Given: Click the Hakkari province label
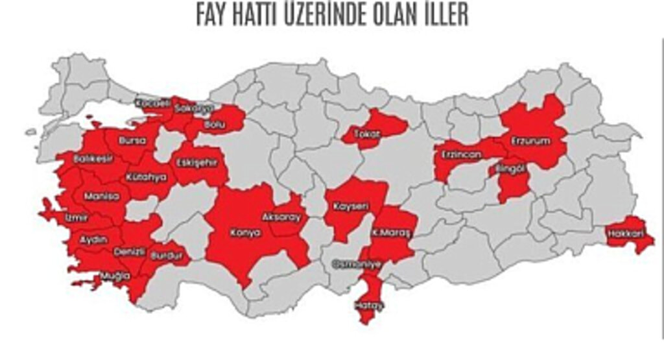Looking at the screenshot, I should [x=626, y=232].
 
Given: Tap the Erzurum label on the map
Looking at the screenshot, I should [x=530, y=141].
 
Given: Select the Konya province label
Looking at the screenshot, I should [x=246, y=232].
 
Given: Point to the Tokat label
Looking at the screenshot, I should [x=366, y=134].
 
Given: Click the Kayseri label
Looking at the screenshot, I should [x=351, y=206].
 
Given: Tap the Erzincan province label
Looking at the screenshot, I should [x=461, y=154].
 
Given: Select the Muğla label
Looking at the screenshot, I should [x=116, y=276].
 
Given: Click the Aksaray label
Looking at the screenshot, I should [x=281, y=217].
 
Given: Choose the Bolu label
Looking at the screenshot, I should [x=214, y=124].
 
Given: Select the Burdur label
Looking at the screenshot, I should [x=163, y=256].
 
